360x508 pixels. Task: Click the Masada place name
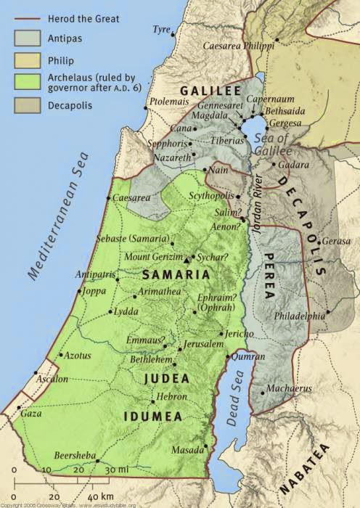coord(187,450)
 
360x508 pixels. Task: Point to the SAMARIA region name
coord(176,275)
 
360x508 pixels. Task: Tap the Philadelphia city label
coord(299,316)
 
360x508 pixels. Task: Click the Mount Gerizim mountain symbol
coord(187,259)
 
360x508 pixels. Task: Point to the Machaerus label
coord(288,388)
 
